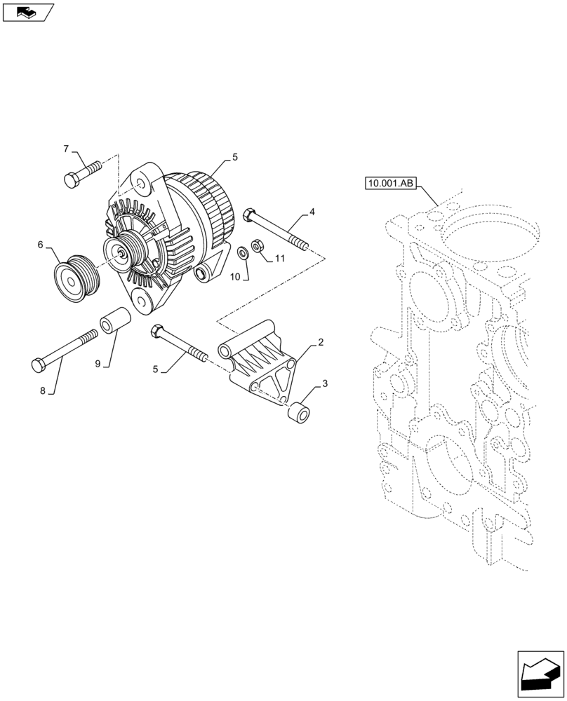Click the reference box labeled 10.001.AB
[x=391, y=184]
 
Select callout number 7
[x=67, y=149]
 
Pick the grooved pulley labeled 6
[x=77, y=280]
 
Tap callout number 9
[x=98, y=364]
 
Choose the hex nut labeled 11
[x=256, y=246]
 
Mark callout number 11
[x=279, y=259]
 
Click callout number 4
[x=312, y=210]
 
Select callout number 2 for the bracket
[x=320, y=342]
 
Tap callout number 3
[x=325, y=383]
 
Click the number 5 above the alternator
[x=235, y=158]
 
